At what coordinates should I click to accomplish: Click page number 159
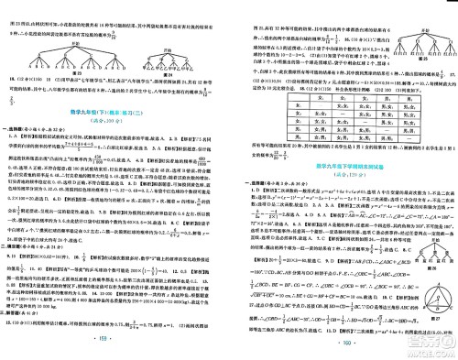117,350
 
